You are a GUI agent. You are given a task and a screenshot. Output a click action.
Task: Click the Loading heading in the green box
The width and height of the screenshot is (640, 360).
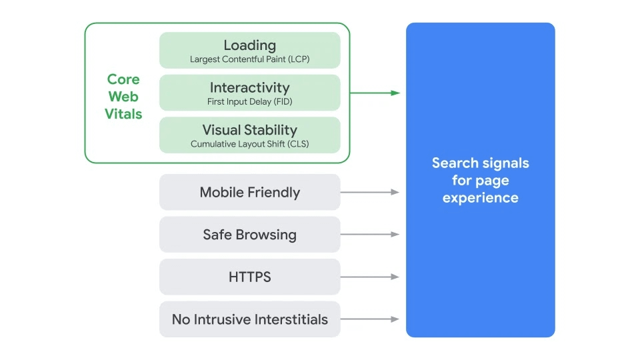point(249,45)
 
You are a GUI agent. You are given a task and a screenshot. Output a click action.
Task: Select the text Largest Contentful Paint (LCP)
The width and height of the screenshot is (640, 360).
point(249,59)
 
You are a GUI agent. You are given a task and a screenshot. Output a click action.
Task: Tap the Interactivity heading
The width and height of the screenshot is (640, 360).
point(249,87)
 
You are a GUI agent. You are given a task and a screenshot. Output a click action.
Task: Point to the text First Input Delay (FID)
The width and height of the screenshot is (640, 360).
point(249,102)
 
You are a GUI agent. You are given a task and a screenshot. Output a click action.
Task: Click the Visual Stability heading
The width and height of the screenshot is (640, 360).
point(249,130)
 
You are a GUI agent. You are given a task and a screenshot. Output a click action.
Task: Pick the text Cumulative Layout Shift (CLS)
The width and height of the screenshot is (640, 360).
point(249,144)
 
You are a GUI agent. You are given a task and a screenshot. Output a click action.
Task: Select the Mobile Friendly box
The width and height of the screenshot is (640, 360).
point(249,193)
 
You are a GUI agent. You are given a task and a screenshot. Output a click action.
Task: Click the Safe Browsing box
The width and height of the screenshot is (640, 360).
point(249,235)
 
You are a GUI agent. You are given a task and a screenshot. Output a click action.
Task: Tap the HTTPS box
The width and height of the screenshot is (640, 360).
point(249,277)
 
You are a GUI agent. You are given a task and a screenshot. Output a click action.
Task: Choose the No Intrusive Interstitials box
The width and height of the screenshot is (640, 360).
point(249,319)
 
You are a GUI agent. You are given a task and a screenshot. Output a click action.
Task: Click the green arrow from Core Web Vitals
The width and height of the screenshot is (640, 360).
point(375,93)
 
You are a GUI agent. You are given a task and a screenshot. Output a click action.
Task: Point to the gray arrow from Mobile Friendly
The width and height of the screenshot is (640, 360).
point(370,192)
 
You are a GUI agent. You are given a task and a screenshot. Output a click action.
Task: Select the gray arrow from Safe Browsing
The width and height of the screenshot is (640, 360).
point(370,235)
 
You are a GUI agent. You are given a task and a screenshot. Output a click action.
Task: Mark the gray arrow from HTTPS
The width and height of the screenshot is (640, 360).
point(370,277)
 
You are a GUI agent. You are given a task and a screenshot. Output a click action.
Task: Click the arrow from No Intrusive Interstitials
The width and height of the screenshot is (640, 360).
point(370,319)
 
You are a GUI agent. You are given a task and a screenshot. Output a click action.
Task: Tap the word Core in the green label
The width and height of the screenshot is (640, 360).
point(123,79)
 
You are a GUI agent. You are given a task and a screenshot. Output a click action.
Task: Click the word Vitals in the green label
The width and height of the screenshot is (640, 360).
point(123,114)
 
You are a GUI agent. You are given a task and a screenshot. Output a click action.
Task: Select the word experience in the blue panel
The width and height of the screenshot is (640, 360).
point(480,198)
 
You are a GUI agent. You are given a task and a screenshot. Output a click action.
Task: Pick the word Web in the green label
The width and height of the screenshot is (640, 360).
point(123,97)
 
